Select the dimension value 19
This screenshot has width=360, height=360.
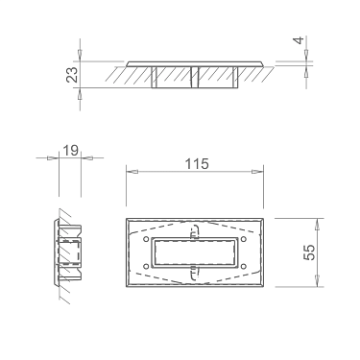tap(69, 151)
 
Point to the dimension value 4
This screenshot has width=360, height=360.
tap(299, 43)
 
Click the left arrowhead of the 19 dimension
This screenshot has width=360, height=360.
tap(55, 159)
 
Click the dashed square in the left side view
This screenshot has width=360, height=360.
tap(71, 252)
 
